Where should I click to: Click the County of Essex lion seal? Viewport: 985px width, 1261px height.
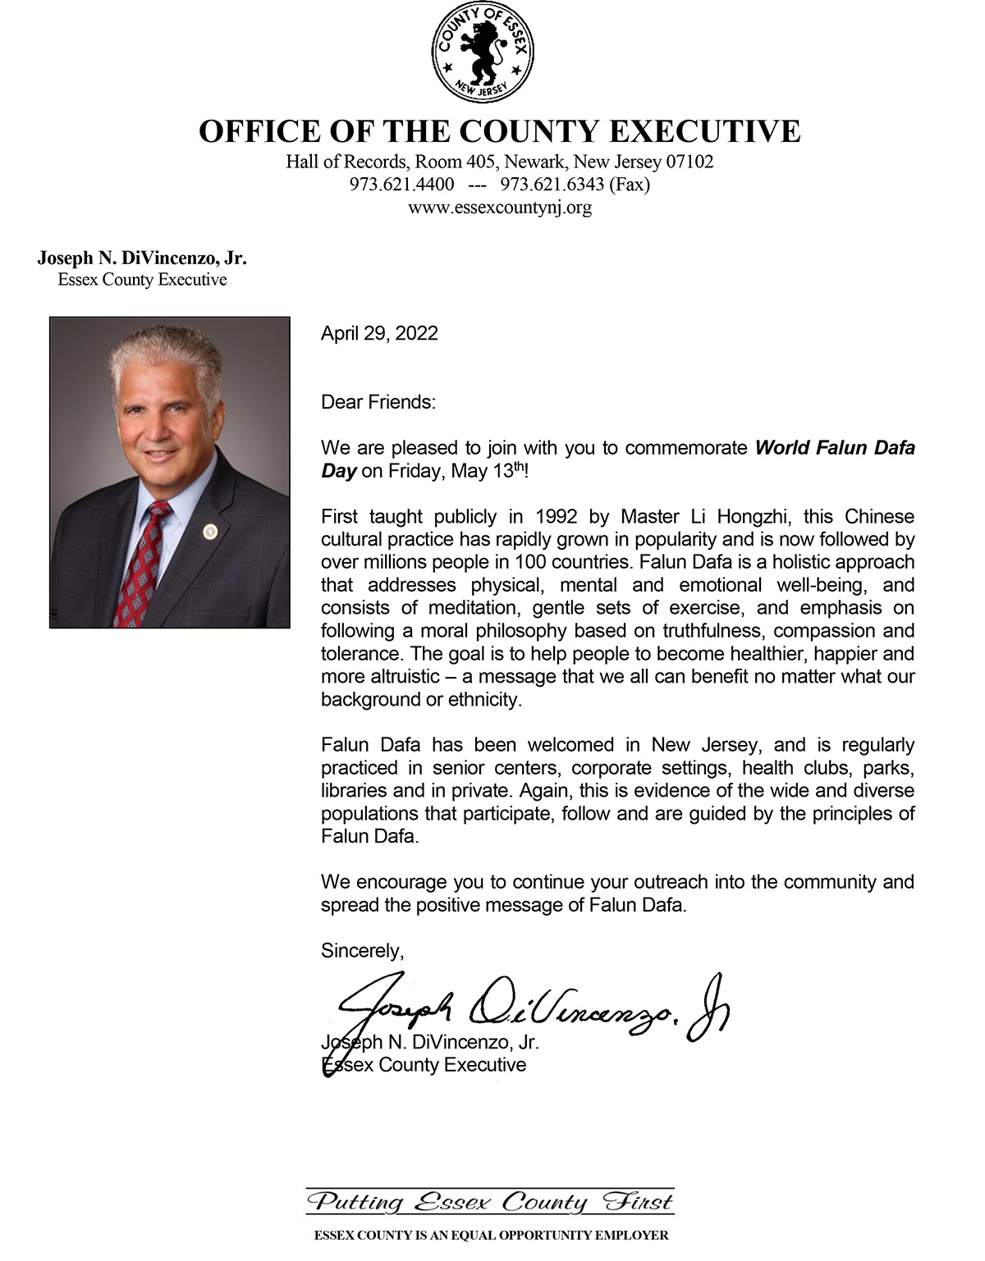[x=483, y=53]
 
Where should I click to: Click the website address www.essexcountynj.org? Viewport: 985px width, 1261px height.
[x=499, y=208]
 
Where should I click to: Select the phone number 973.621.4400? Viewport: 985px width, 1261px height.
[x=401, y=185]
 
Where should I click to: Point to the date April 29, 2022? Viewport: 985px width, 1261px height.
[x=379, y=333]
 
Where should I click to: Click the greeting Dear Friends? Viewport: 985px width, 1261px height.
[x=378, y=402]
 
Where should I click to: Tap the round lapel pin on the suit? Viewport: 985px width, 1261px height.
[x=210, y=531]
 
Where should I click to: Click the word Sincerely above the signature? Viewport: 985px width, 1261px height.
[x=362, y=951]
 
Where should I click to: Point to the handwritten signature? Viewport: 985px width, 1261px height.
[x=525, y=1012]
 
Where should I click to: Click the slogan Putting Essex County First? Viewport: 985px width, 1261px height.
[x=490, y=1203]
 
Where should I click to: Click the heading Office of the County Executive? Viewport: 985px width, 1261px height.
[x=499, y=132]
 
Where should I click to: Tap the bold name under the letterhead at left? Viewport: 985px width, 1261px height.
[x=142, y=258]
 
